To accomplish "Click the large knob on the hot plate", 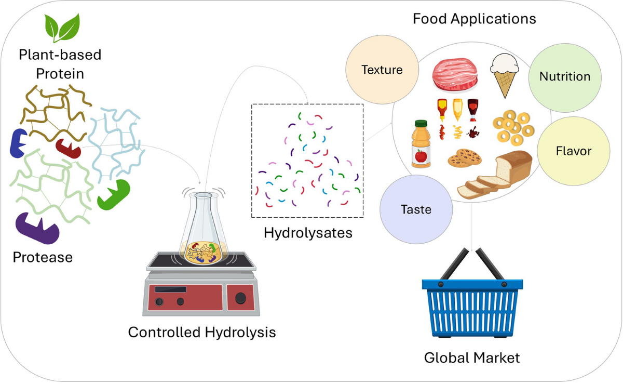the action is pyautogui.click(x=240, y=298).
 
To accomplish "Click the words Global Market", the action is pyautogui.click(x=472, y=357).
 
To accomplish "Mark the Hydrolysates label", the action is pyautogui.click(x=308, y=233).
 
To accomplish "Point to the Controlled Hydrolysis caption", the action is pyautogui.click(x=202, y=332).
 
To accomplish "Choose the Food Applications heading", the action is pyautogui.click(x=474, y=20).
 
